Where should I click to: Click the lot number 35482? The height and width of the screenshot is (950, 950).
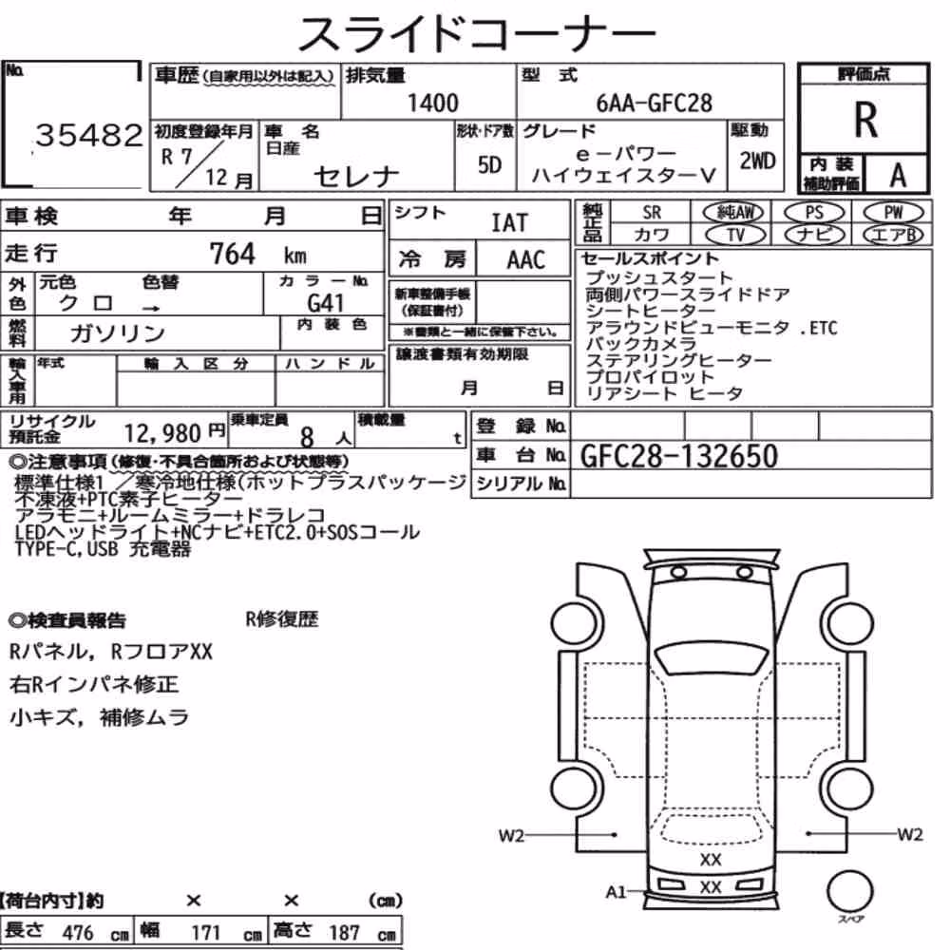89,135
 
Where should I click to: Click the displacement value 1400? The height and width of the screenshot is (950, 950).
432,103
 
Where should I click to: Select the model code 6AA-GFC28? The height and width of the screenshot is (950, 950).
654,103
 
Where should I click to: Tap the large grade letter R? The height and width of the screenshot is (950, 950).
865,120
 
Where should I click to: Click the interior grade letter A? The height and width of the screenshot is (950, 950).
898,175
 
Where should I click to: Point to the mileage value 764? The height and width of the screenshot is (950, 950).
232,254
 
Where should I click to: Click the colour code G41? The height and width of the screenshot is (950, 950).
325,302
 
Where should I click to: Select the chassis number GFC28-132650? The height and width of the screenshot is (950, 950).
678,456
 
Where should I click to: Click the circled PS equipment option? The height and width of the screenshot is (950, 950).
814,212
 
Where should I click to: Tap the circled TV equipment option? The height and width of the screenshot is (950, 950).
736,235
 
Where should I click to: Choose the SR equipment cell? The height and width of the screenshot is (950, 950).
652,212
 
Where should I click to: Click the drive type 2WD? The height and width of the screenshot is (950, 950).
757,161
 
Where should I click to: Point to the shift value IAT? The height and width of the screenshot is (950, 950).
509,222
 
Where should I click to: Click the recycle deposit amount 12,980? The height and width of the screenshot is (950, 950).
162,433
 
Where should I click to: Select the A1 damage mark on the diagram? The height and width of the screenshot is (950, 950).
616,892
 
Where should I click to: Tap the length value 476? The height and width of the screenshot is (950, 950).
78,932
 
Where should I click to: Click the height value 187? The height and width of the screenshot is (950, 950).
344,932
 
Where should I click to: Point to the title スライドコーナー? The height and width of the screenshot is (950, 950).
476,33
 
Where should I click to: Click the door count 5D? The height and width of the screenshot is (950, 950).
489,164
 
